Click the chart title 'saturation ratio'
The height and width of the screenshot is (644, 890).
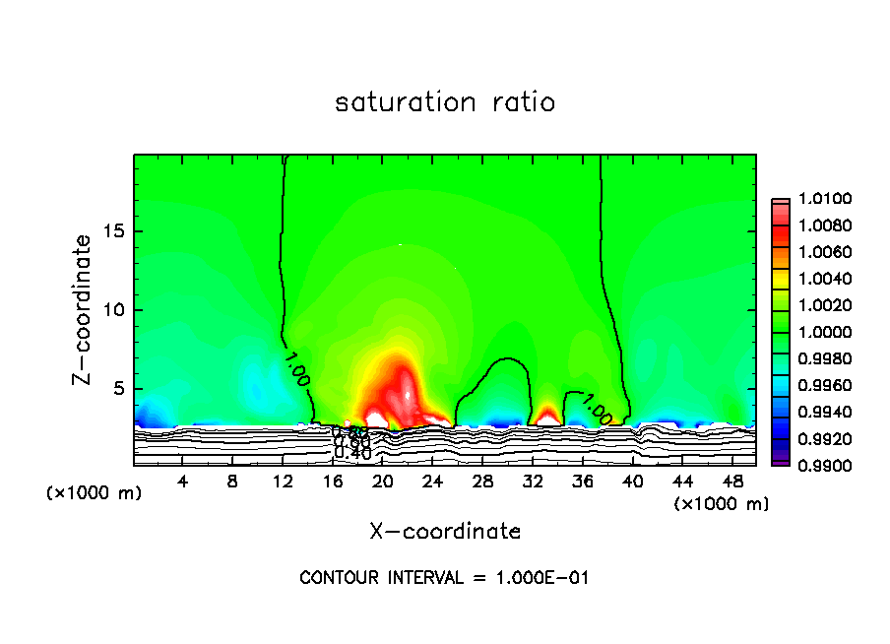click(445, 102)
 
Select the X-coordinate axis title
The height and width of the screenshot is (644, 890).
click(445, 531)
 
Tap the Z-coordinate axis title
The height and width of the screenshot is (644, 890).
click(85, 309)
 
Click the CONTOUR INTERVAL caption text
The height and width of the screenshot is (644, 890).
click(444, 578)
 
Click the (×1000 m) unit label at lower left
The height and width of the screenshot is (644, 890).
click(94, 493)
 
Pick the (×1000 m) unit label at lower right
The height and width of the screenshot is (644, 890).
click(722, 503)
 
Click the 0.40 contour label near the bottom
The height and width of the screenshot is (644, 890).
click(352, 454)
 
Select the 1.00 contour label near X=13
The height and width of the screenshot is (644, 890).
click(296, 366)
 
